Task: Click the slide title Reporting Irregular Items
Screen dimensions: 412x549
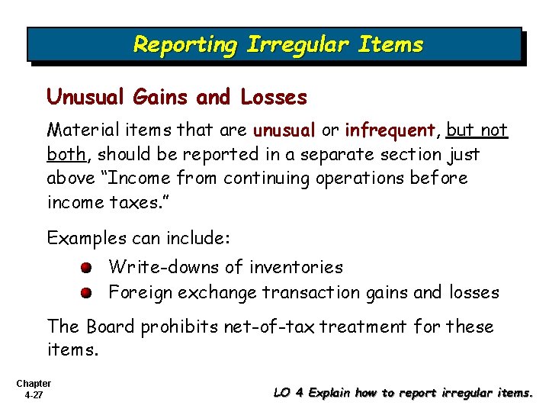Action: (x=278, y=44)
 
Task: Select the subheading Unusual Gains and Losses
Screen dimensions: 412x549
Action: (x=177, y=98)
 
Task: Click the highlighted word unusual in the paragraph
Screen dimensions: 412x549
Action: (x=284, y=130)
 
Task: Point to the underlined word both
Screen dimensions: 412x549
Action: (x=66, y=154)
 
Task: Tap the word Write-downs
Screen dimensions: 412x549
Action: (x=156, y=267)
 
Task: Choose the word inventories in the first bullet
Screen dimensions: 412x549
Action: (x=296, y=267)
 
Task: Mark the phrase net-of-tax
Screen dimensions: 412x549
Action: (x=270, y=327)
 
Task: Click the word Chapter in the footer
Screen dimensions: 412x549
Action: (x=33, y=383)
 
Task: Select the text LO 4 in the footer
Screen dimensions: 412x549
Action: (x=289, y=394)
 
